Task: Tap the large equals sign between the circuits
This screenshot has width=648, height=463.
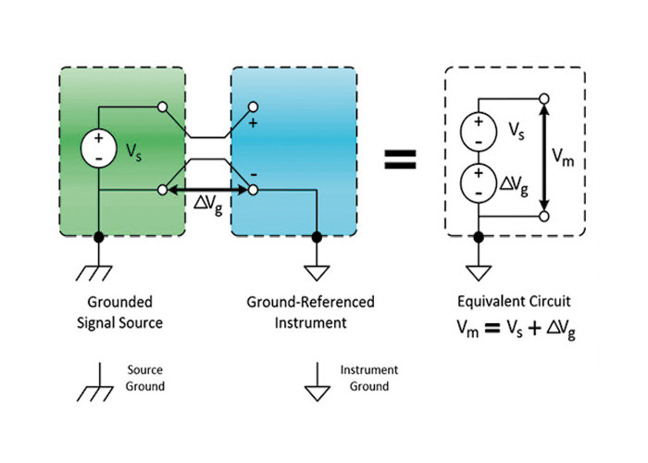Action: (x=400, y=159)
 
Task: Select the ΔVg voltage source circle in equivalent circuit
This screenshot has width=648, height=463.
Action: (x=479, y=183)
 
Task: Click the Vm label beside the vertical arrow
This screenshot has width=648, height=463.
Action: (x=563, y=157)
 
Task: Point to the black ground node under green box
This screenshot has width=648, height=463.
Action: (x=98, y=237)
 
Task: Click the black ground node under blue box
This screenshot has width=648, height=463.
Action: (x=317, y=237)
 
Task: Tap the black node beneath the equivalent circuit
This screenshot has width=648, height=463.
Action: (x=479, y=237)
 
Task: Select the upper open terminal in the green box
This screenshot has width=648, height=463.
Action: (x=163, y=107)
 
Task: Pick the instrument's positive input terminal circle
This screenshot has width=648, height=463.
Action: (x=253, y=107)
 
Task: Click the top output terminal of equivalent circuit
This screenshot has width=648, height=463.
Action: (x=544, y=99)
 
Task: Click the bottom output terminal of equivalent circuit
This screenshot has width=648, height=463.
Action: (x=544, y=216)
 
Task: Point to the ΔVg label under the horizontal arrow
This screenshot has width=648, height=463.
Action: (x=208, y=205)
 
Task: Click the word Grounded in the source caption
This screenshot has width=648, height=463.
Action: (x=119, y=302)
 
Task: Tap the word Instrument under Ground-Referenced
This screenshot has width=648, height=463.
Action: (x=311, y=322)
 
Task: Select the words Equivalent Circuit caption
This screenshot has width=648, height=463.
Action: (x=514, y=301)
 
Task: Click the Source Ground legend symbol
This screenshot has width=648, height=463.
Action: (x=95, y=382)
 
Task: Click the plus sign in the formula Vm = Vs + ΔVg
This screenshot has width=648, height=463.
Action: (x=534, y=329)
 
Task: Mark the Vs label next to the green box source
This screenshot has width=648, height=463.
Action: (x=133, y=152)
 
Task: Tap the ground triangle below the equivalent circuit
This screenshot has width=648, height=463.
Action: (x=479, y=273)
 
